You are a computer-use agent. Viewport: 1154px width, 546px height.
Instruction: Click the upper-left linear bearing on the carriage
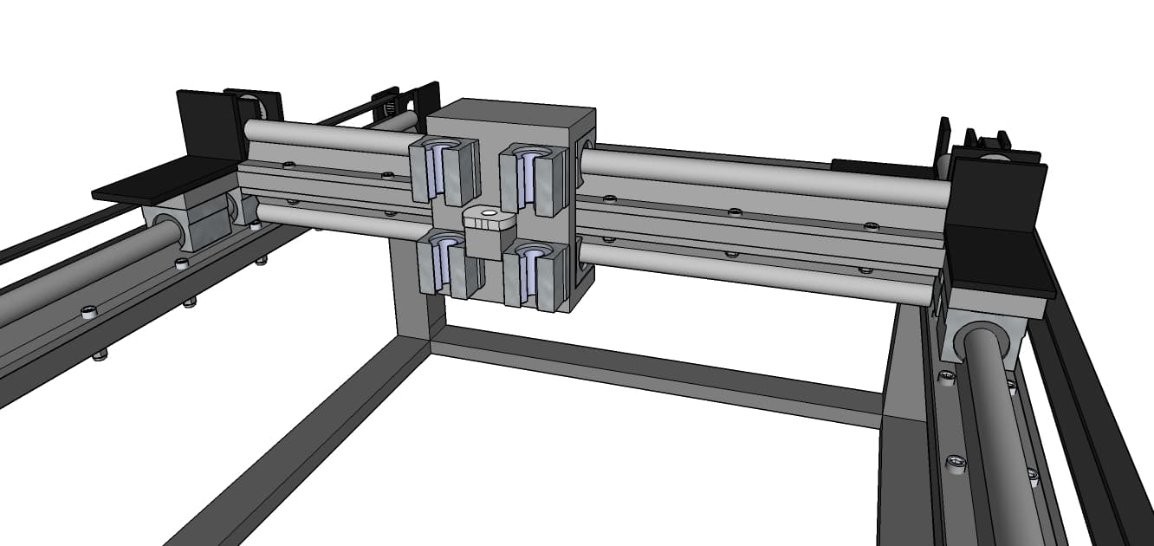coord(444,169)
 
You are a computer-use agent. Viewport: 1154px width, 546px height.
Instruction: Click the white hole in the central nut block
coord(489,211)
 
